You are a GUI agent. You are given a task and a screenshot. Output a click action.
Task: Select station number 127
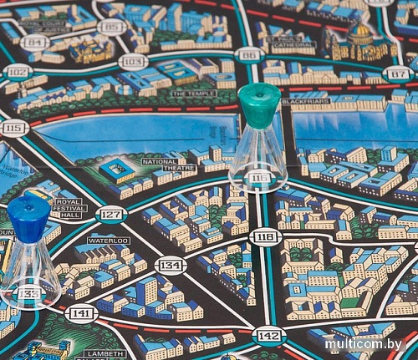[x=110, y=215]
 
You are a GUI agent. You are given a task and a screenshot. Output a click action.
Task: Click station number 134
[x=171, y=266]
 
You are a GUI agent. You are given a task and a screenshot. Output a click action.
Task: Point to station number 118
[x=266, y=236]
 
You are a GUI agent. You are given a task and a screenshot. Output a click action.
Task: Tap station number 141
[x=81, y=313]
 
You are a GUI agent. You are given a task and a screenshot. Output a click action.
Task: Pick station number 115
[x=13, y=128]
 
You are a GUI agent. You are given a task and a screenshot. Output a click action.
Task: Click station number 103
[x=132, y=61]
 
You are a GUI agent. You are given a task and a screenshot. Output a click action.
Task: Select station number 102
[x=16, y=71]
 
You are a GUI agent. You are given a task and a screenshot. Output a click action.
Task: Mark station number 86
[x=248, y=55]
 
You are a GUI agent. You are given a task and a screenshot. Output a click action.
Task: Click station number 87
[x=399, y=74]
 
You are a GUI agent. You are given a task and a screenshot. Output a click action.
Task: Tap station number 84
[x=35, y=42]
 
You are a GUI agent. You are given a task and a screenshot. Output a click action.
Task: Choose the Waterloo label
[x=109, y=241]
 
